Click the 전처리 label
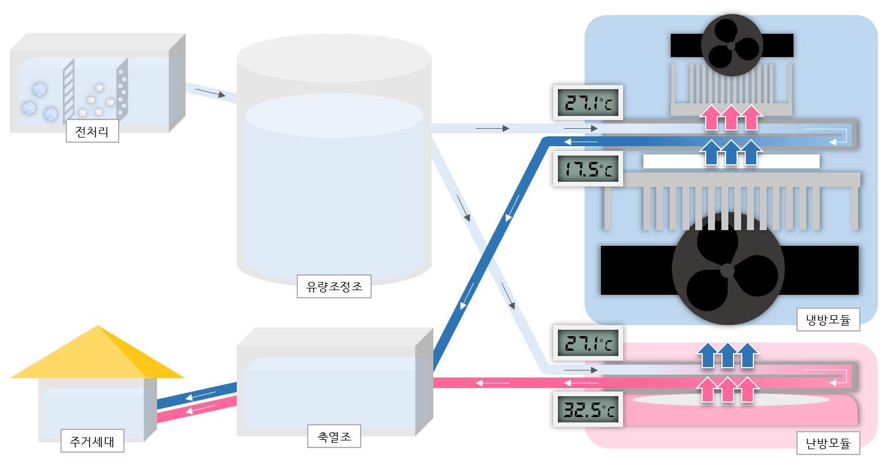[92, 131]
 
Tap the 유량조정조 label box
[334, 286]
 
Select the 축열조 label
[334, 436]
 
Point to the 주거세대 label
[92, 441]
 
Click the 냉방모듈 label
[828, 319]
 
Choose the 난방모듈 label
[828, 443]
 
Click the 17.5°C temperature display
[588, 169]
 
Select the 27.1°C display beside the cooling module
[588, 103]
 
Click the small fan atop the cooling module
[731, 45]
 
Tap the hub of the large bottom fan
[727, 270]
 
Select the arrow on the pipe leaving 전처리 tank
[209, 93]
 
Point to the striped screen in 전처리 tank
[69, 91]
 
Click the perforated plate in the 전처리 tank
[122, 90]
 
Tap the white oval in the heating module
[731, 400]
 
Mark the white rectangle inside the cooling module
[731, 161]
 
